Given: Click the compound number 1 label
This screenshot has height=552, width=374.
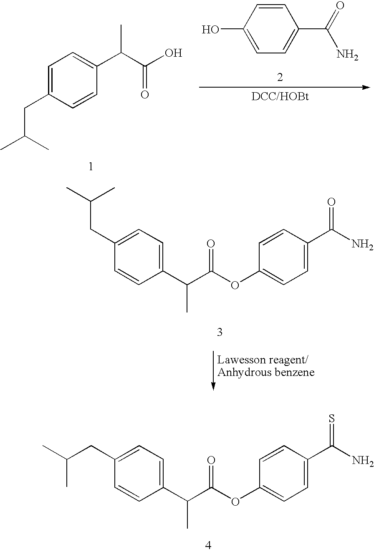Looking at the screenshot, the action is click(x=91, y=167).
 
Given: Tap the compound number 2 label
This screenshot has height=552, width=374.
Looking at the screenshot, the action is click(x=280, y=77).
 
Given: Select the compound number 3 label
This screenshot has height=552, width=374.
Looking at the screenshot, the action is click(x=219, y=332).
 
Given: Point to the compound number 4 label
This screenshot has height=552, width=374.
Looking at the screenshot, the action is click(x=208, y=545).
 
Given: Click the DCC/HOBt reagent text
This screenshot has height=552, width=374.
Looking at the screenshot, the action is click(x=280, y=97).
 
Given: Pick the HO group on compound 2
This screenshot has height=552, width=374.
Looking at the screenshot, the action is click(x=210, y=30).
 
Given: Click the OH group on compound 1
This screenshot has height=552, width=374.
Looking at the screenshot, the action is click(x=174, y=53).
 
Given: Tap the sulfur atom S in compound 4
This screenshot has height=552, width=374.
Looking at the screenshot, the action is click(x=332, y=418).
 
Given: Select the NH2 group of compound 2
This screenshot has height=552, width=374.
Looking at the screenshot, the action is click(x=347, y=55).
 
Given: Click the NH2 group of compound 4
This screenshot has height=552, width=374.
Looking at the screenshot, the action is click(x=363, y=460).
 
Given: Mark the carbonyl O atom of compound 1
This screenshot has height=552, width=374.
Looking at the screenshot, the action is click(x=145, y=95).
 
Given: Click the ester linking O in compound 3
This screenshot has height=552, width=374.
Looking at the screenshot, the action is click(x=235, y=285).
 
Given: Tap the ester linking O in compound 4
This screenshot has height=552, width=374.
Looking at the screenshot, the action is click(x=235, y=501).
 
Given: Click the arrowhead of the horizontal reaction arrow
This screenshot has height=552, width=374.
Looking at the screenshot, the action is click(x=366, y=87).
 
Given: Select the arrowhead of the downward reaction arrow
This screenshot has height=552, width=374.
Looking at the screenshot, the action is click(x=213, y=387).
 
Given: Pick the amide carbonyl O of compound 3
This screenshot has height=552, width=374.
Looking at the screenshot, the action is click(x=331, y=202).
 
